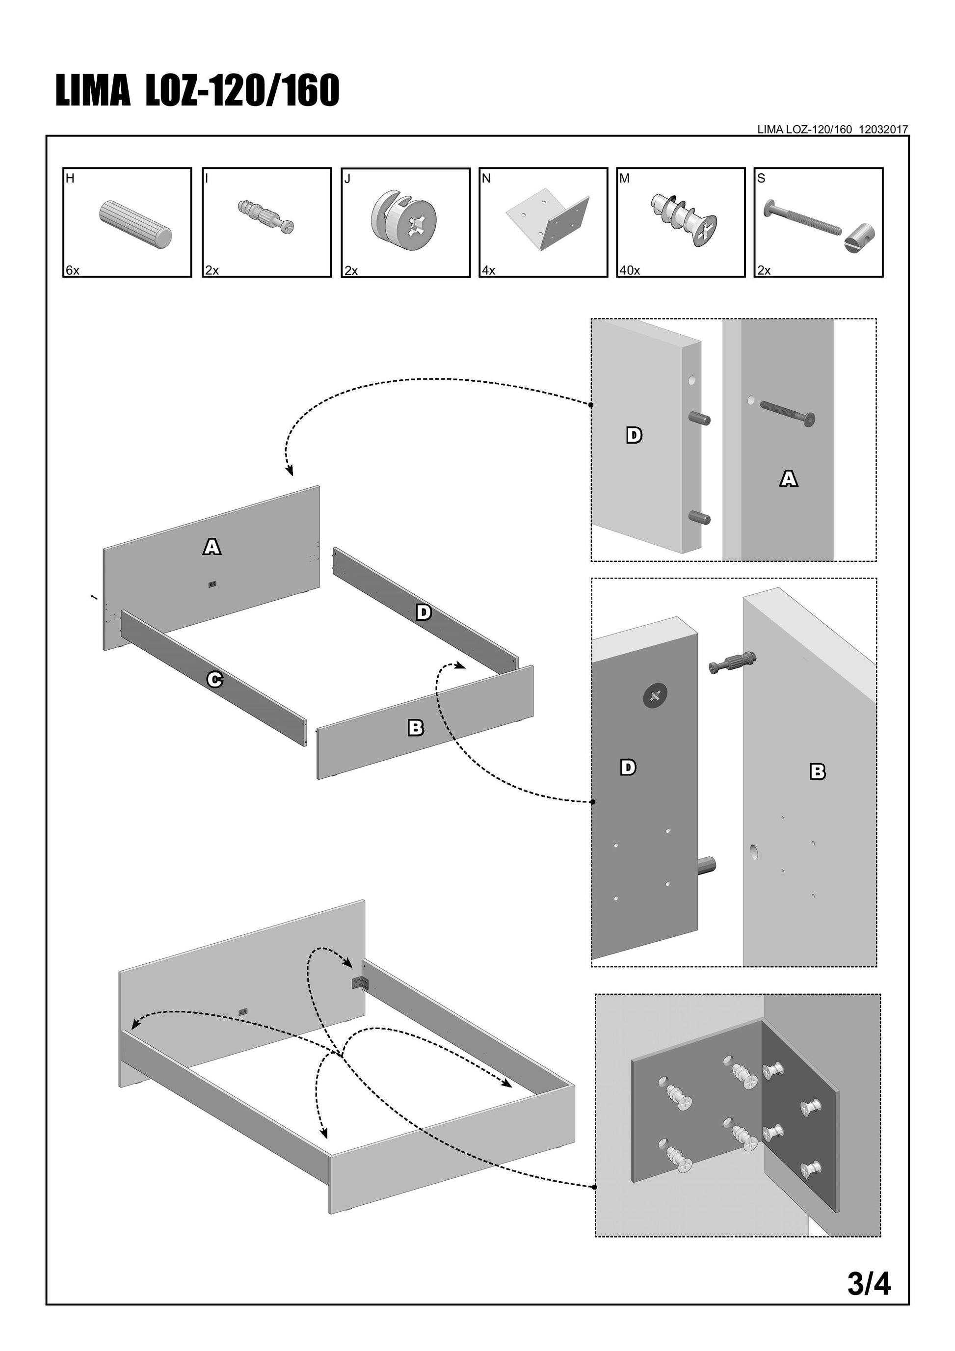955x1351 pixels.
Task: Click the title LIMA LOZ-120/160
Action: tap(198, 91)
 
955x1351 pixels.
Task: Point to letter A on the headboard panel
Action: tap(212, 547)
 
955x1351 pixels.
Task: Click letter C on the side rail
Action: tap(215, 680)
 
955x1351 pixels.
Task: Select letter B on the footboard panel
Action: tap(416, 728)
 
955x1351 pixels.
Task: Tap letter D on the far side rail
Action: tap(424, 612)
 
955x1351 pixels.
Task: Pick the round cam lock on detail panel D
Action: tap(655, 696)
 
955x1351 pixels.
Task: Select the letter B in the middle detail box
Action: tap(817, 771)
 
